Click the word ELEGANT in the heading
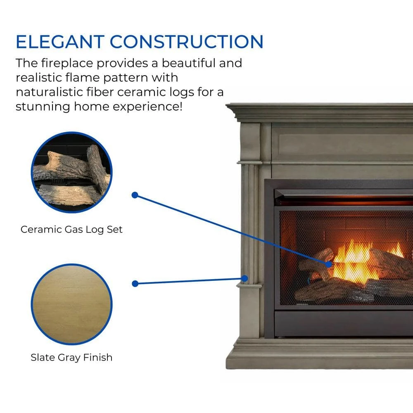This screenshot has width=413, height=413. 60,42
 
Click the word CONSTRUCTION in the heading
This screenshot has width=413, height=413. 187,42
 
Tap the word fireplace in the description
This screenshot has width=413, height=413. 67,63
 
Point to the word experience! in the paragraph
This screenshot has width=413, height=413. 147,107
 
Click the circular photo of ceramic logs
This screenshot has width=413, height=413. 71,172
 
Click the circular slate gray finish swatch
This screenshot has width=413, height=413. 71,304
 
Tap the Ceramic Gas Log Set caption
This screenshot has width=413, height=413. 71,229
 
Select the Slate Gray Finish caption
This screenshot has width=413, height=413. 71,357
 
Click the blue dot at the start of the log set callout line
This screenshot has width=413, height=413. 135,195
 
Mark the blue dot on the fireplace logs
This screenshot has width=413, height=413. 328,264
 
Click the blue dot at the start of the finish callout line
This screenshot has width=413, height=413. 135,284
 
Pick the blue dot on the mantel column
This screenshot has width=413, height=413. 244,278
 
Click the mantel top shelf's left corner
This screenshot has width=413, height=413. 226,105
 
